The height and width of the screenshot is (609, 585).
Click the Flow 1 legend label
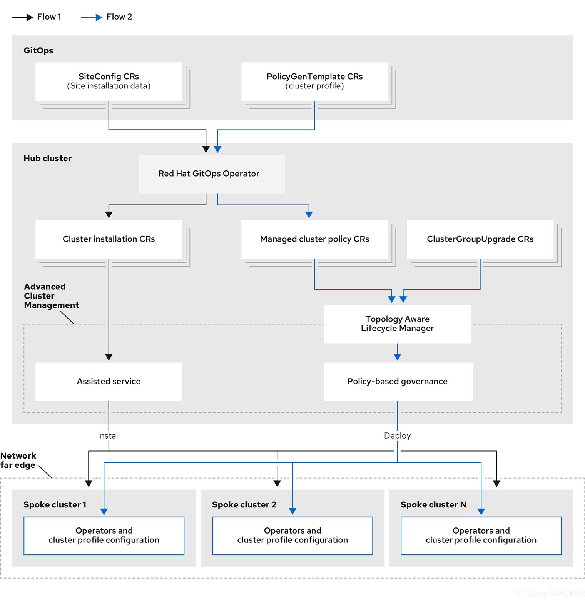[x=49, y=17]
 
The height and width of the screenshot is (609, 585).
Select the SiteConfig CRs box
[x=109, y=82]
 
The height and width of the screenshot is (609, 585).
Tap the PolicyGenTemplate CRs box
[x=314, y=82]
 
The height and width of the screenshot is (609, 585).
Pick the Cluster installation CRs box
[x=109, y=239]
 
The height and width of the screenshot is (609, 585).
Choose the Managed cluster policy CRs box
[x=314, y=239]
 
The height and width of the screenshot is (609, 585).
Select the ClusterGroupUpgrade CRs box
[x=480, y=239]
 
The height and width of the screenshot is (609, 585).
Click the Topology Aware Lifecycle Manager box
[x=397, y=324]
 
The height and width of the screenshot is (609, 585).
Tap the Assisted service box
[x=109, y=382]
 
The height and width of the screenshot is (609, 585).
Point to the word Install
[x=109, y=436]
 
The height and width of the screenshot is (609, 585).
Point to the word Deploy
[x=397, y=436]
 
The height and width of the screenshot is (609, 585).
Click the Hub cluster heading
[x=47, y=159]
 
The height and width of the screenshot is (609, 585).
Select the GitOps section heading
[x=38, y=51]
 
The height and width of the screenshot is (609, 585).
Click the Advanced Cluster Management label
[x=51, y=296]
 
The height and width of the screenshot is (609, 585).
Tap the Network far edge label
[x=18, y=461]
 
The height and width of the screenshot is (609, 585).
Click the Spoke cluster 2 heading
[x=244, y=505]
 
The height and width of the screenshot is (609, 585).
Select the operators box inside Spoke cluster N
[x=481, y=536]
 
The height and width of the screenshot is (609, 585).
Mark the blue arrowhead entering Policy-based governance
[x=397, y=357]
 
